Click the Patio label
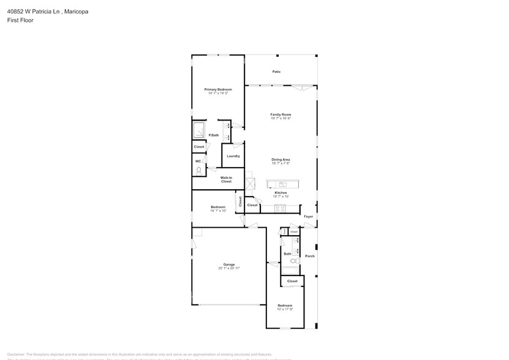tap(277, 72)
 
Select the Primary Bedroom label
tap(217, 89)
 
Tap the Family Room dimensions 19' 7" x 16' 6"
tap(281, 119)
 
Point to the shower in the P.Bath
tap(200, 131)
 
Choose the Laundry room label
tap(233, 156)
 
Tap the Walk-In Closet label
tap(226, 180)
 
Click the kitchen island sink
tap(282, 184)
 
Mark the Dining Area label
tap(281, 160)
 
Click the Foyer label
tap(308, 216)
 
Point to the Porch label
tap(309, 256)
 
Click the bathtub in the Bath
tap(290, 271)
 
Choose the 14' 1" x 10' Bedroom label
tap(218, 208)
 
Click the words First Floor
tap(21, 20)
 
